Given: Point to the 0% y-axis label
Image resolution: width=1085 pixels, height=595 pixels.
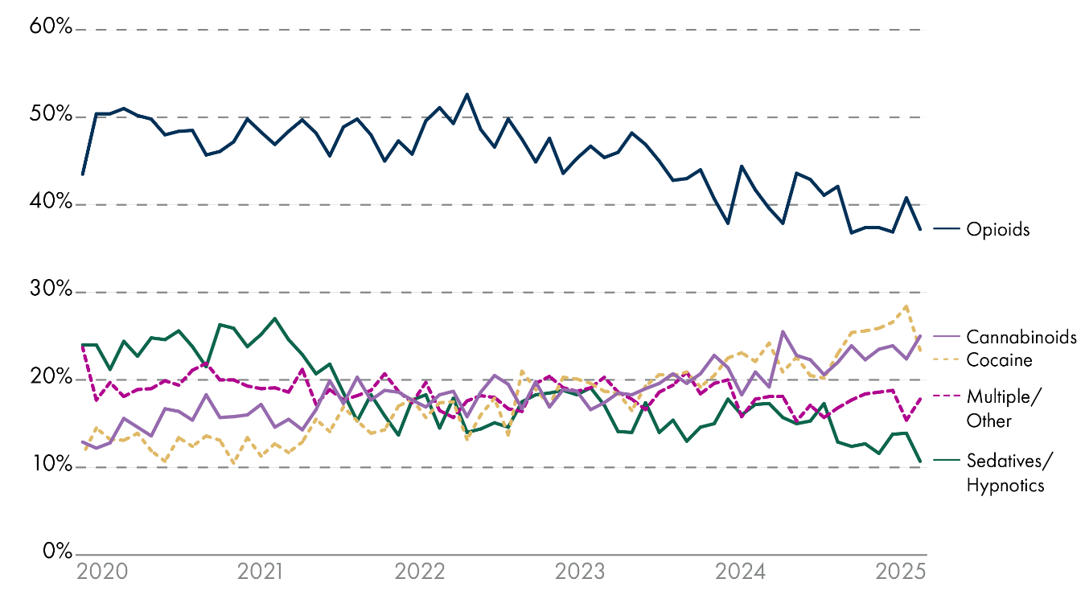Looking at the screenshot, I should coord(55,553).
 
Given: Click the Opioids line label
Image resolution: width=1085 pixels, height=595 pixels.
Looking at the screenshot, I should coord(998,230).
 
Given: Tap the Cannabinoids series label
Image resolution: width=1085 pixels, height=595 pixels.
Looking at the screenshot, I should coord(1021,337).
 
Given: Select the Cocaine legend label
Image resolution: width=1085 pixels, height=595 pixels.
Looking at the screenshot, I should coord(999,360).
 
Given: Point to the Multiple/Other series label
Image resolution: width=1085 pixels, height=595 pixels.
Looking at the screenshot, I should coord(1001,408).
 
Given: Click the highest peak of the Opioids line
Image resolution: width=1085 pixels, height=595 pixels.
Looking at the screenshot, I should coord(466,94).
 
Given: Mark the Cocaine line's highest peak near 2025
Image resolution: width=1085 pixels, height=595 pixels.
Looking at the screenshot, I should coord(906,306).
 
